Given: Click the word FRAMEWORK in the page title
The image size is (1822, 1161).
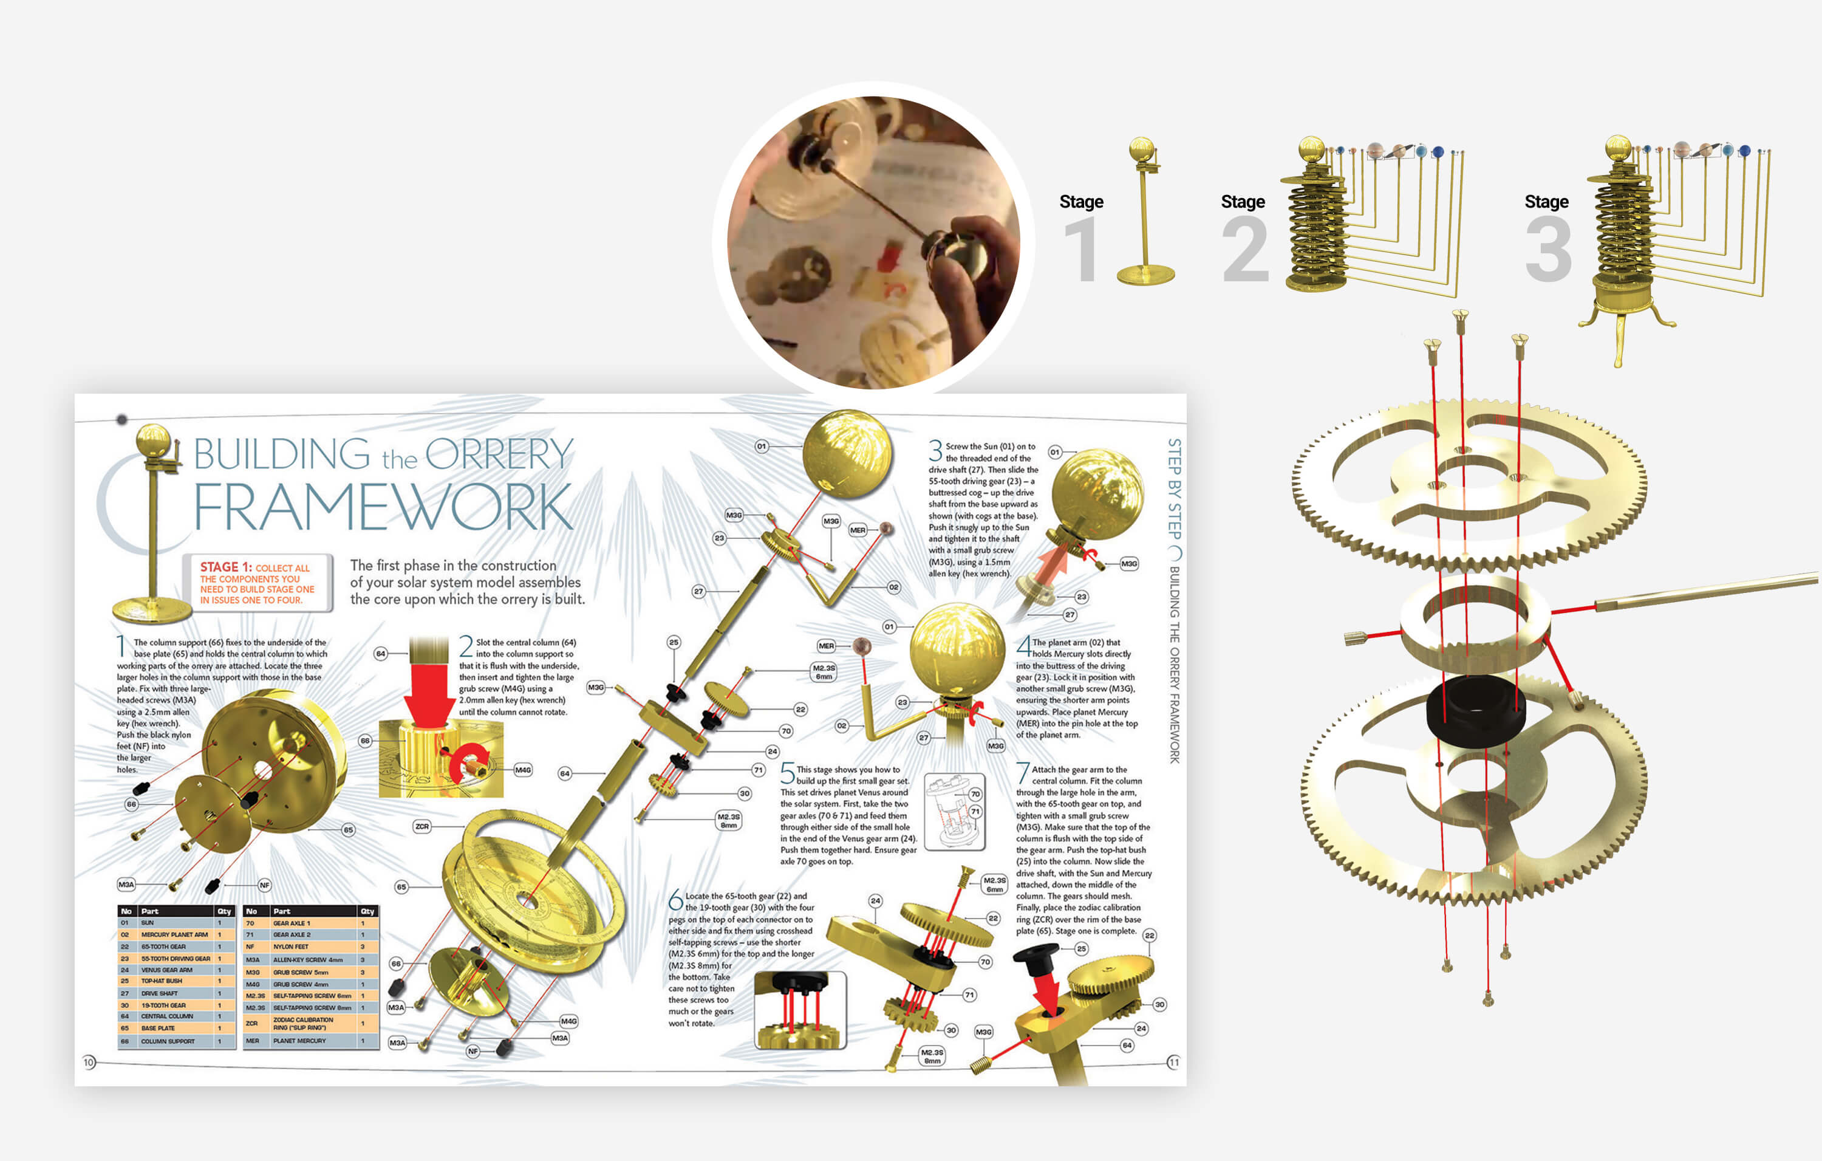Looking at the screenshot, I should click(383, 507).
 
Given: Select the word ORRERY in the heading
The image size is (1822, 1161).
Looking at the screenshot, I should click(499, 454).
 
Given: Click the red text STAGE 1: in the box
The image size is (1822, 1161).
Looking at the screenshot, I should click(225, 567).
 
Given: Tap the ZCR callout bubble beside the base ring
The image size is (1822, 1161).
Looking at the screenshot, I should click(421, 826).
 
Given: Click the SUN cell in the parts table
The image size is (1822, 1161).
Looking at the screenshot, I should click(148, 923).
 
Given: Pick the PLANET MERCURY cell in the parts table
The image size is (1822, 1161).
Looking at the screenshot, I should click(299, 1041).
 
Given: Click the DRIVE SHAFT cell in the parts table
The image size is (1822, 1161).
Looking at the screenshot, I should click(159, 993).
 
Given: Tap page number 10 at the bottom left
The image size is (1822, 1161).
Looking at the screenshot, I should click(89, 1063).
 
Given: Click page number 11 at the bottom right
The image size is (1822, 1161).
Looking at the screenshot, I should click(1173, 1063).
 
